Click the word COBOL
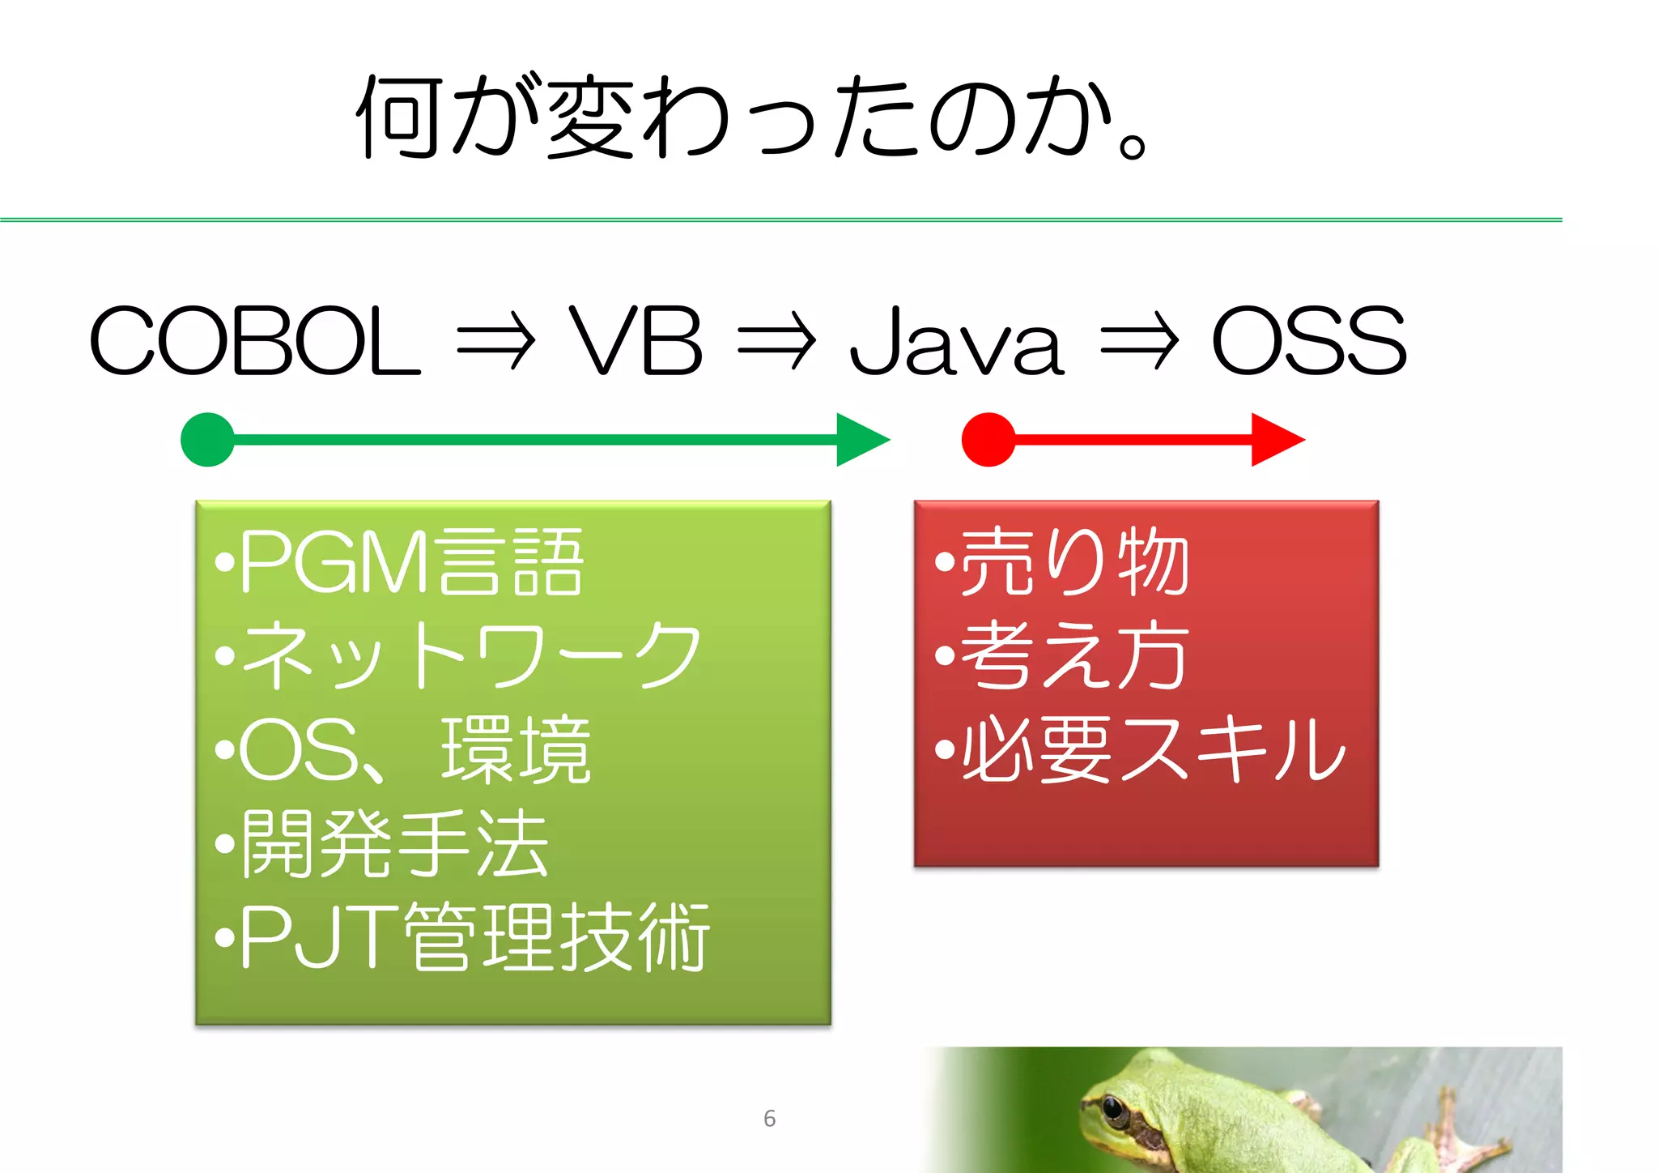pyautogui.click(x=254, y=341)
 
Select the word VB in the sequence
pyautogui.click(x=636, y=341)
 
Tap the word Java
pyautogui.click(x=956, y=343)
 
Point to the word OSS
pyautogui.click(x=1309, y=341)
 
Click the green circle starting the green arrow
pyautogui.click(x=208, y=440)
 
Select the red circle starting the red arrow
pyautogui.click(x=988, y=440)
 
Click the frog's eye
pyautogui.click(x=1114, y=1108)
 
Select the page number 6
pyautogui.click(x=769, y=1119)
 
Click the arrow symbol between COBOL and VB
pyautogui.click(x=495, y=343)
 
